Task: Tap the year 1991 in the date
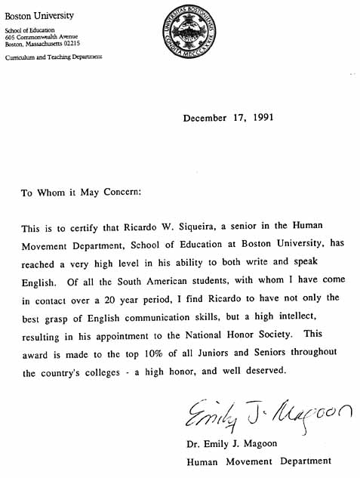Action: tap(259, 118)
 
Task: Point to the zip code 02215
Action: tap(78, 43)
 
